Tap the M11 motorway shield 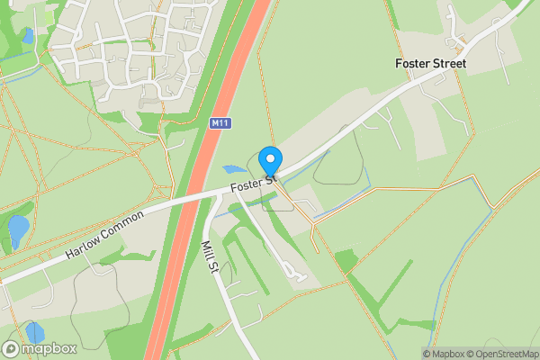[x=218, y=122]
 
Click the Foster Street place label [x=431, y=64]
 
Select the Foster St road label [x=253, y=184]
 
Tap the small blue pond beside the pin [x=233, y=168]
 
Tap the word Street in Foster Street [x=450, y=64]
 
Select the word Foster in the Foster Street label [x=413, y=64]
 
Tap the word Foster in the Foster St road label [x=246, y=186]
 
